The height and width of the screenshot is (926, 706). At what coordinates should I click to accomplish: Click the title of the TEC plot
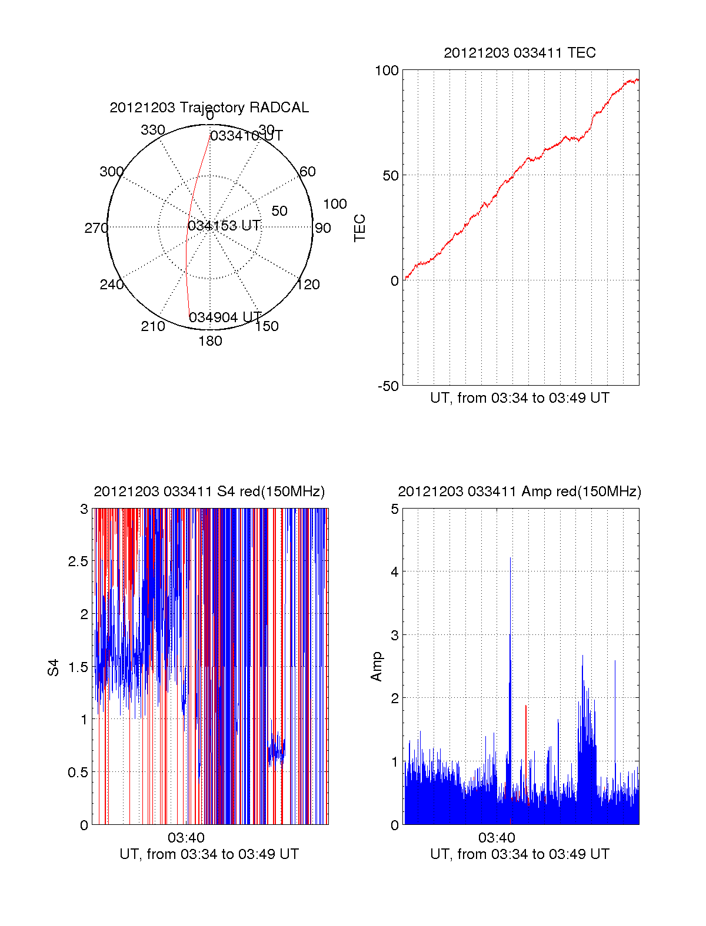(519, 53)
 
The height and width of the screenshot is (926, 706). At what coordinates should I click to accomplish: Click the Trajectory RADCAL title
(209, 108)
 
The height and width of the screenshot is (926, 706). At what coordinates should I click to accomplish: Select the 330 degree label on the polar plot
(153, 130)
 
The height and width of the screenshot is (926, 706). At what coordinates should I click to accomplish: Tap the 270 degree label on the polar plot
(96, 228)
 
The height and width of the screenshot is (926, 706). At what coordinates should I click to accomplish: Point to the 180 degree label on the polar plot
(210, 341)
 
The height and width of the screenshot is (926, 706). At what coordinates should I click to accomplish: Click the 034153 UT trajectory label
(224, 226)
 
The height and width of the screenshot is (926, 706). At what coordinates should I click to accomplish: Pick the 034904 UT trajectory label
(225, 317)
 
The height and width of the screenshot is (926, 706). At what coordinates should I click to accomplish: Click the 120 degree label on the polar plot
(308, 285)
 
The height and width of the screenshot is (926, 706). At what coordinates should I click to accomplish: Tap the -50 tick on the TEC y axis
(388, 386)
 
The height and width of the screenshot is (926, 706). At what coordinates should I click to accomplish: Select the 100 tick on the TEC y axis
(387, 71)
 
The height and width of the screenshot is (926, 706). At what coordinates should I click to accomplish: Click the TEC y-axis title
(360, 228)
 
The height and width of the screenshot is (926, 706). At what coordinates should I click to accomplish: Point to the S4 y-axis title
(54, 667)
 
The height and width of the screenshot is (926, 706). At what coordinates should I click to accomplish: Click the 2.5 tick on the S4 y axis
(78, 561)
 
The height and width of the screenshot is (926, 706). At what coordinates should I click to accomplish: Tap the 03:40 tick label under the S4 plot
(186, 837)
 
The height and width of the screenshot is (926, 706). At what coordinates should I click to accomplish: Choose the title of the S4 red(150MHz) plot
(209, 492)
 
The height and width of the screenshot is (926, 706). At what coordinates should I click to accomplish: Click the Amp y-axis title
(377, 667)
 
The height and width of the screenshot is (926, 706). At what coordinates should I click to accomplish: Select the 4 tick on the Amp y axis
(395, 572)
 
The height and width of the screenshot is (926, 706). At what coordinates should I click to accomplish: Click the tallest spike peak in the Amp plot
(510, 558)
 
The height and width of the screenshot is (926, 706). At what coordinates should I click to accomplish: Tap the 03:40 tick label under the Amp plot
(497, 837)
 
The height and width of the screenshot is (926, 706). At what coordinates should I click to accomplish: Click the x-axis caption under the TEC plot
(519, 398)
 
